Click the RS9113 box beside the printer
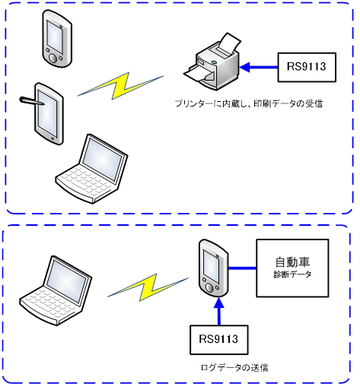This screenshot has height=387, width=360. (x=307, y=67)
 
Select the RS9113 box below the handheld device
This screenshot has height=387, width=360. (x=219, y=340)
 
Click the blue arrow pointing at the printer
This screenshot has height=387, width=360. (x=259, y=68)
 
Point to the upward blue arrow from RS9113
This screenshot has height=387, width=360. (x=219, y=311)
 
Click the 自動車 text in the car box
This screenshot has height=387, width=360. (x=292, y=262)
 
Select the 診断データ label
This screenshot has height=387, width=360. (x=292, y=274)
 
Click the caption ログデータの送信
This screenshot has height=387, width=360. (x=234, y=367)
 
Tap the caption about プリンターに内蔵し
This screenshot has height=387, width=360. (x=249, y=103)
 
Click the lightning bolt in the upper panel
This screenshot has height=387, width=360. (x=120, y=86)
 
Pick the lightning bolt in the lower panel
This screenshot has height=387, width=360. (x=148, y=287)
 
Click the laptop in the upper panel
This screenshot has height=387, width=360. (x=92, y=169)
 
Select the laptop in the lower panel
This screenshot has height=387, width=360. (x=56, y=290)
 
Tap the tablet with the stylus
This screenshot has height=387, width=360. (x=49, y=113)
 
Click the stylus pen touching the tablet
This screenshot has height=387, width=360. (x=32, y=101)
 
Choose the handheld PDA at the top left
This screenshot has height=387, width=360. (x=57, y=39)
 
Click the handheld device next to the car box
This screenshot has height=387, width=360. (x=214, y=268)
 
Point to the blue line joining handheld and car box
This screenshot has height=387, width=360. (x=243, y=268)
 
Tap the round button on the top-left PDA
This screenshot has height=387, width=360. (x=53, y=58)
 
